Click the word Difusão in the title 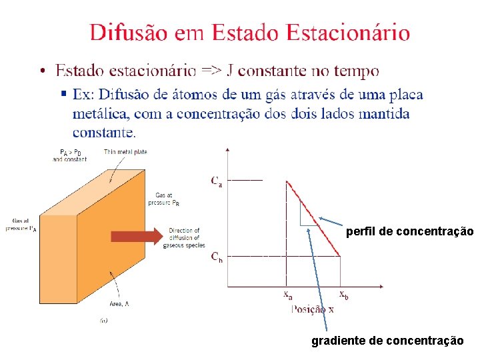(x=130, y=32)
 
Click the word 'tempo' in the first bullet (x=357, y=71)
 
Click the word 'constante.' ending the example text (x=104, y=132)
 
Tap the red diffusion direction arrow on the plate (x=136, y=236)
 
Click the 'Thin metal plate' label (x=125, y=152)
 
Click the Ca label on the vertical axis (x=216, y=181)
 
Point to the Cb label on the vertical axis (x=217, y=257)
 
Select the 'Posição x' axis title (x=313, y=309)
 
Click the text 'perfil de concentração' (x=409, y=232)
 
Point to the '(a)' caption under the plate (x=104, y=321)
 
